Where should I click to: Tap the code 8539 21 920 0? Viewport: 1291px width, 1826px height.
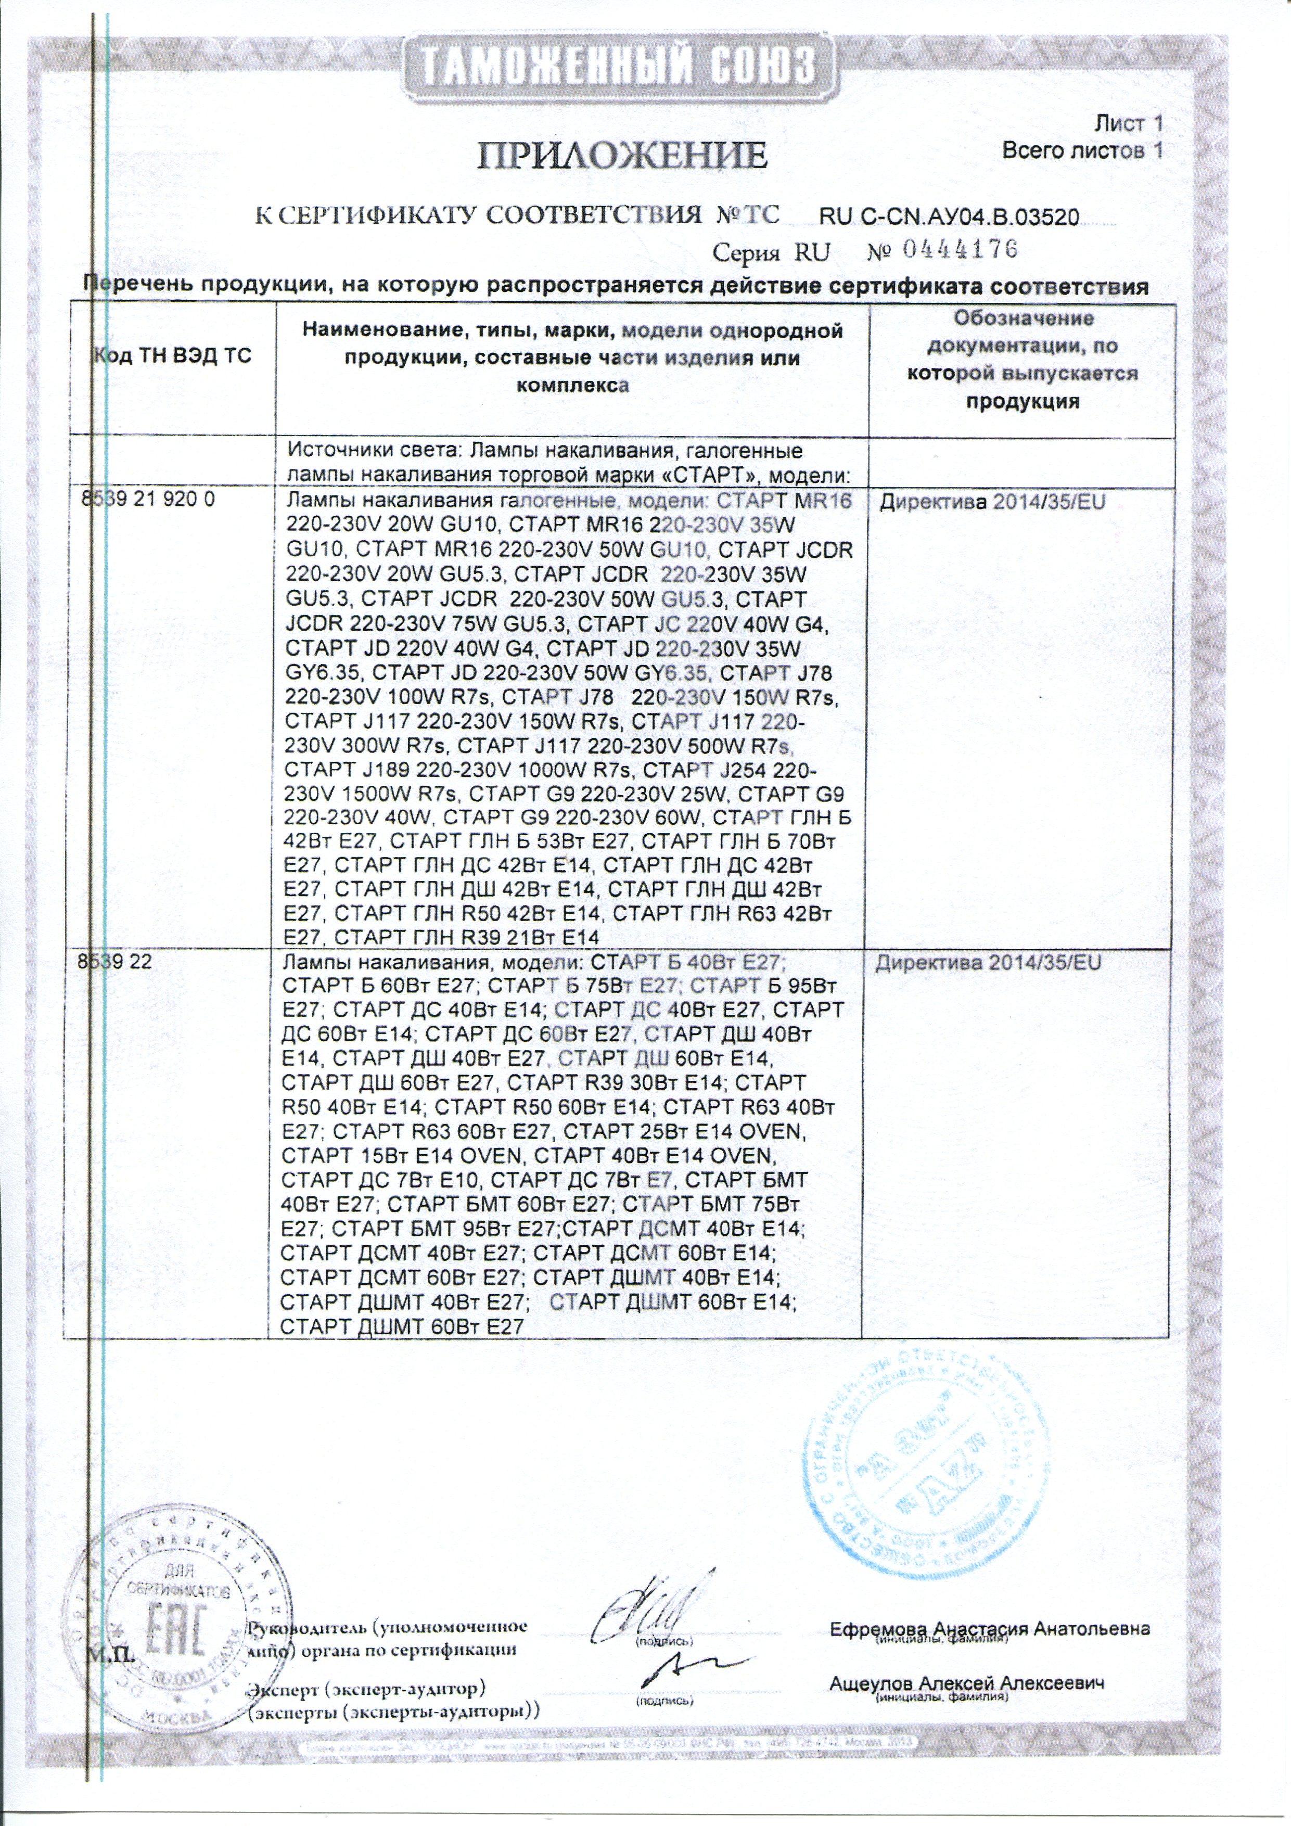(148, 502)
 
